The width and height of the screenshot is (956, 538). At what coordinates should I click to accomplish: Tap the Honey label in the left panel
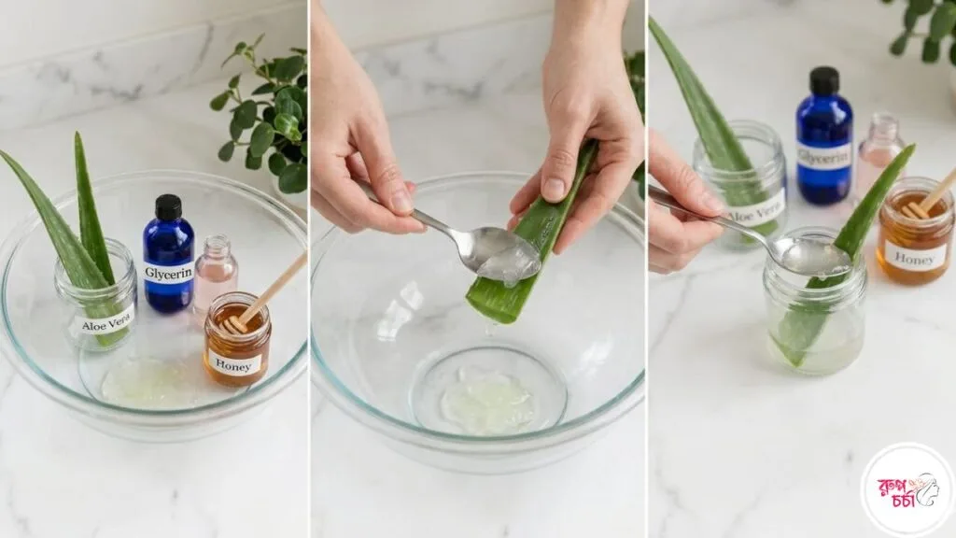[x=234, y=362]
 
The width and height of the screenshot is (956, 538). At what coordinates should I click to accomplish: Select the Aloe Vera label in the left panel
[x=106, y=324]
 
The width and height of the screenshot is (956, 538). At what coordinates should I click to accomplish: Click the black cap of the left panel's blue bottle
[x=168, y=207]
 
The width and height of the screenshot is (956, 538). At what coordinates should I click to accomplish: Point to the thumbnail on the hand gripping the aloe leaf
[x=554, y=189]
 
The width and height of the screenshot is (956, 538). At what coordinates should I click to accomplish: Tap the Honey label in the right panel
[x=914, y=255]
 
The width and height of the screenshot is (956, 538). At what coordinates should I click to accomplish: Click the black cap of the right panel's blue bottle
[x=824, y=80]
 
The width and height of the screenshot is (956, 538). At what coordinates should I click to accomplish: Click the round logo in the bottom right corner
[x=907, y=489]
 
